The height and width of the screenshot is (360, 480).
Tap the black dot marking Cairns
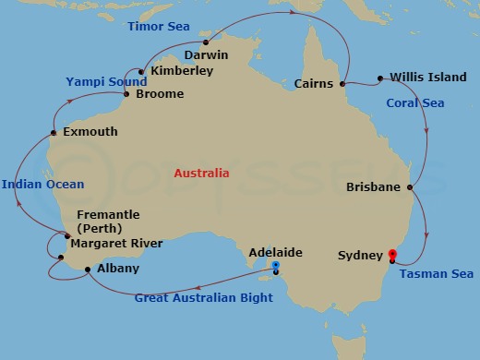(x=343, y=84)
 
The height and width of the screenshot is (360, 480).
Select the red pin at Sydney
(x=391, y=255)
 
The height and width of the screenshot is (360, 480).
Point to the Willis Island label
(x=421, y=78)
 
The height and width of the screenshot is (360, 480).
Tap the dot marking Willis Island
(x=380, y=78)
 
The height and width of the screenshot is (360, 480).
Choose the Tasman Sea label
(x=437, y=274)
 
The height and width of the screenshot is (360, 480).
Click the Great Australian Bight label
(x=203, y=297)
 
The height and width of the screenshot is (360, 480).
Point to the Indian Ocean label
(x=42, y=185)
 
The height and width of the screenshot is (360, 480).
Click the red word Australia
(x=201, y=174)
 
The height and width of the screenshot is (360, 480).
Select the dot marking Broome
(x=126, y=93)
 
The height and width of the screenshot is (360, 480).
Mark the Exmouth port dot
(x=54, y=132)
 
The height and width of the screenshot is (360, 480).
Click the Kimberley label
(x=181, y=70)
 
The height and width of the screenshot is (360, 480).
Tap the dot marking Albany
(x=88, y=269)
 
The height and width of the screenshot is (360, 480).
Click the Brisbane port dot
(x=409, y=187)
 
